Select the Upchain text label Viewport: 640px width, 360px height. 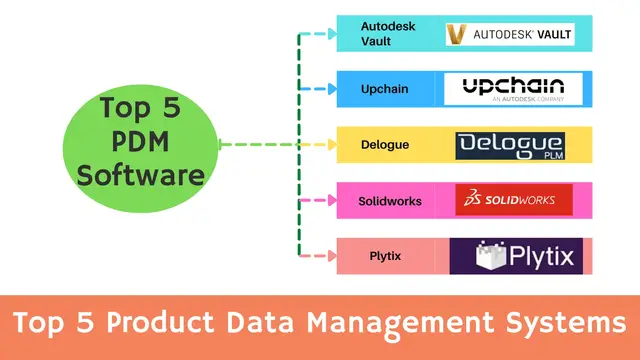click(385, 89)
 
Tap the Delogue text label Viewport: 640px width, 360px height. click(385, 145)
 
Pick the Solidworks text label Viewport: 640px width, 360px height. click(390, 201)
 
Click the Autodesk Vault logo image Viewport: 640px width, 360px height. click(510, 35)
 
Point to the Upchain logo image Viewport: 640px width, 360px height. click(513, 89)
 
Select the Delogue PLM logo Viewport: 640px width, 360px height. click(510, 145)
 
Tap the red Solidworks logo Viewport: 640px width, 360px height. click(513, 200)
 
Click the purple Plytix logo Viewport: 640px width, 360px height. click(513, 256)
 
